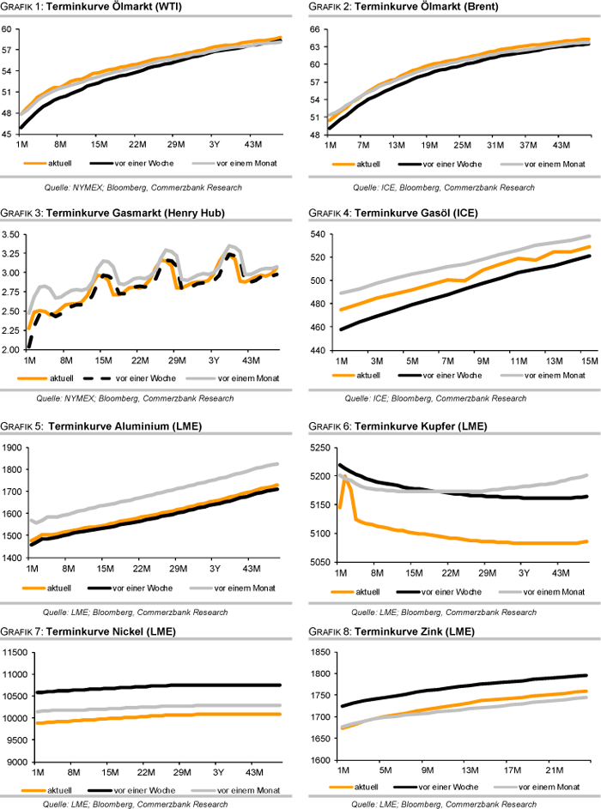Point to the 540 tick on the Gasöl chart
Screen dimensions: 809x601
(x=318, y=233)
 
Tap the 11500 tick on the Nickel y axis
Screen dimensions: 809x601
(x=14, y=652)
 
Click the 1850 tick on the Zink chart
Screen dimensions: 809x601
(x=317, y=652)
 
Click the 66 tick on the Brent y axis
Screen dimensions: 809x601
(x=313, y=28)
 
